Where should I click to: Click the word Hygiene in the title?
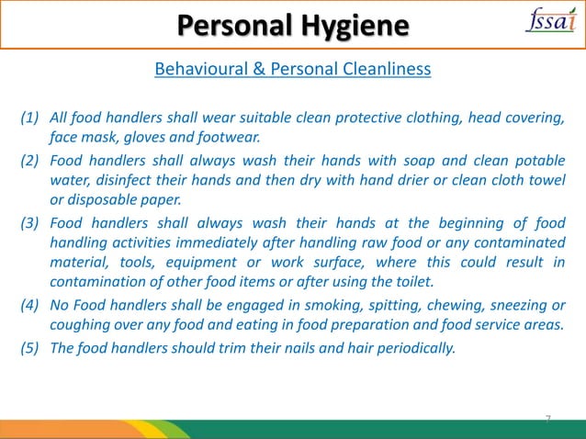354,25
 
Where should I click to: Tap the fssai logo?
549,22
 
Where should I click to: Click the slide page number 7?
547,419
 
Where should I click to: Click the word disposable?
104,199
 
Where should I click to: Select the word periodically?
411,347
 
